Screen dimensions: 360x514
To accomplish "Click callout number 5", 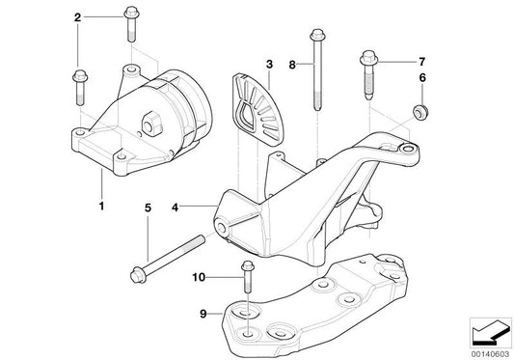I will pos(149,207).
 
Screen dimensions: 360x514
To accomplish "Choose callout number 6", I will pos(421,77).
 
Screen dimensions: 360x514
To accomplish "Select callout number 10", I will pos(200,277).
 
